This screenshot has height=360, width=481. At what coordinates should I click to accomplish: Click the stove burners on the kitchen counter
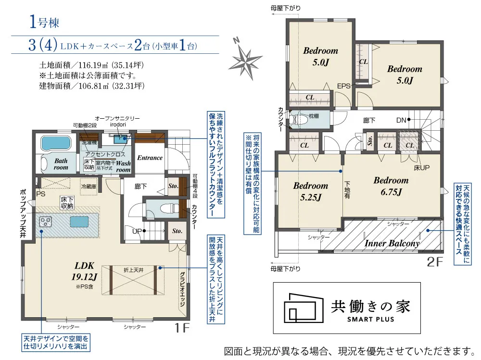click(46, 222)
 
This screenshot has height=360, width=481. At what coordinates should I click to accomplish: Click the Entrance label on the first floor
click(150, 158)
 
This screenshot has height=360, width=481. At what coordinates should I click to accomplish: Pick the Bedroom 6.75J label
click(391, 186)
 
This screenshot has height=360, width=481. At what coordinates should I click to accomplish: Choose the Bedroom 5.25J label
click(310, 191)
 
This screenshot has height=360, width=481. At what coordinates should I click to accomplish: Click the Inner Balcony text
click(392, 243)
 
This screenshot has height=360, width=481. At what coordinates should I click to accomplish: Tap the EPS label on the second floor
click(343, 86)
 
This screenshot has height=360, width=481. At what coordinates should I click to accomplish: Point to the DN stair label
click(402, 119)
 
